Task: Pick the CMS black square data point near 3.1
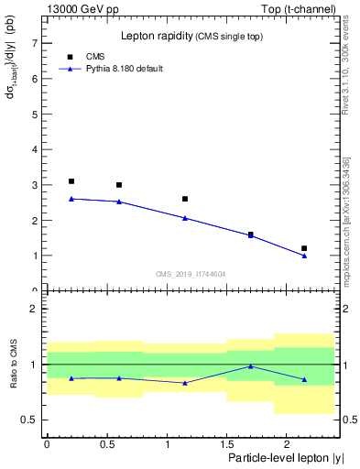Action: click(71, 181)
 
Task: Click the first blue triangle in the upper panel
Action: click(71, 198)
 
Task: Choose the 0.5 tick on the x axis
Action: click(107, 442)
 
